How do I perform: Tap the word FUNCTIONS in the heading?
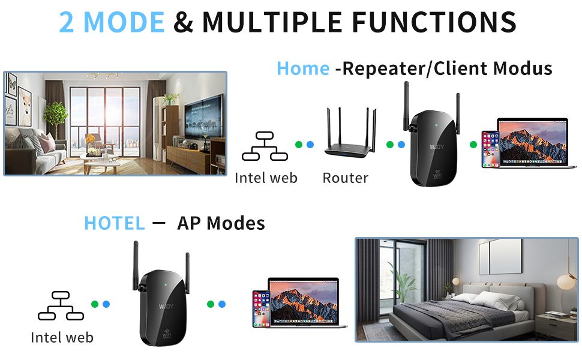pyautogui.click(x=434, y=22)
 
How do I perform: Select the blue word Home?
pyautogui.click(x=303, y=68)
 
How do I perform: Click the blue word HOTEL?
pyautogui.click(x=115, y=223)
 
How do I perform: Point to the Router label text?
pyautogui.click(x=345, y=178)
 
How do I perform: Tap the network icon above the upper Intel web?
pyautogui.click(x=264, y=146)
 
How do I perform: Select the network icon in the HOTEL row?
pyautogui.click(x=60, y=305)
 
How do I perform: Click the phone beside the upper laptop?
pyautogui.click(x=490, y=149)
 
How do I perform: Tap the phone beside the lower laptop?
pyautogui.click(x=261, y=308)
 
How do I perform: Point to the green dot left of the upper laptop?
pyautogui.click(x=473, y=145)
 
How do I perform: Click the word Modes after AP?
pyautogui.click(x=235, y=223)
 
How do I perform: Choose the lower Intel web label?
pyautogui.click(x=62, y=337)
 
